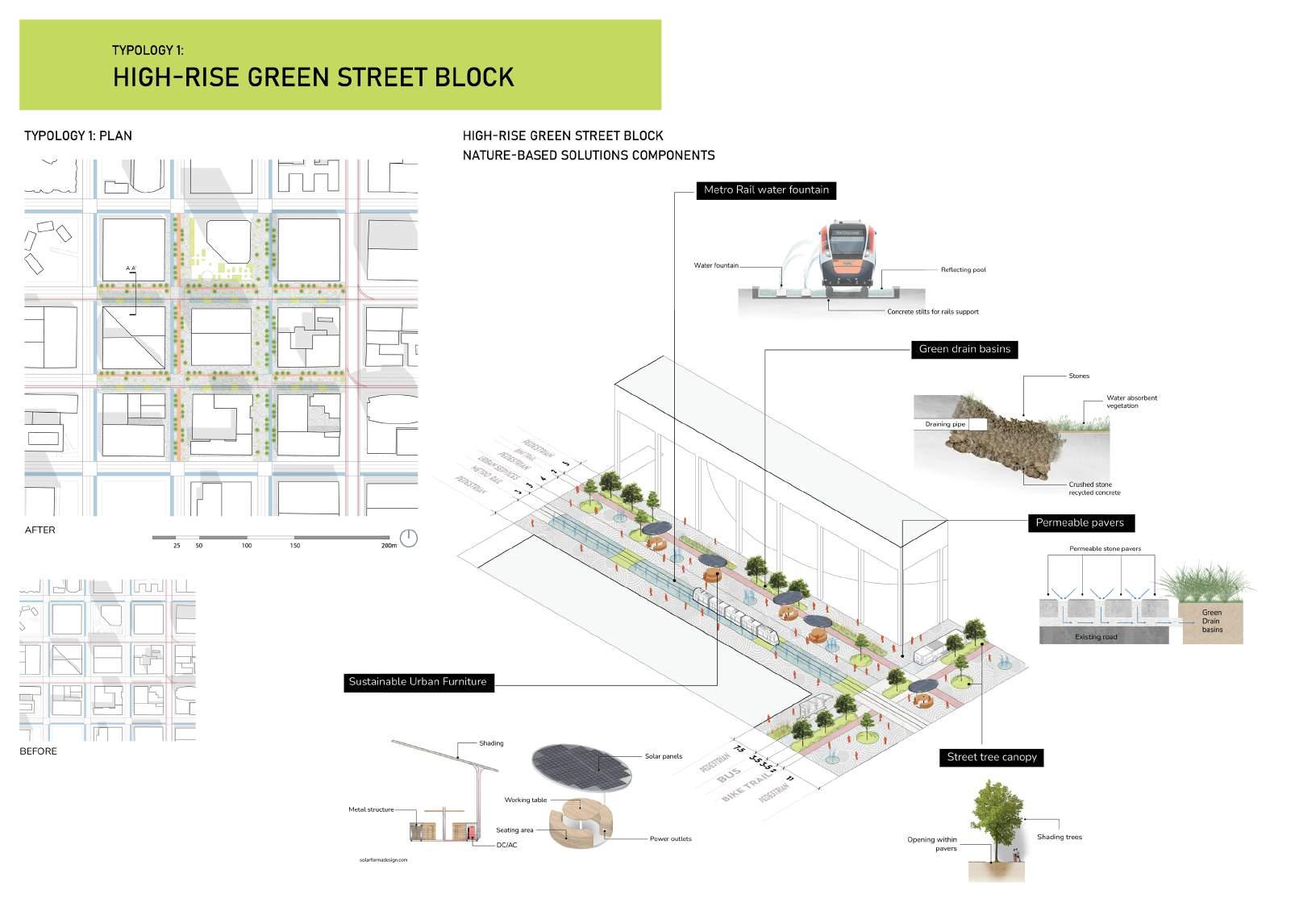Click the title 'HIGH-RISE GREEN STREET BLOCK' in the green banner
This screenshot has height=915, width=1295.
313,77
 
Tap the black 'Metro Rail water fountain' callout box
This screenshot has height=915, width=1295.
766,190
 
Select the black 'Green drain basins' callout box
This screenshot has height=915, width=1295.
964,349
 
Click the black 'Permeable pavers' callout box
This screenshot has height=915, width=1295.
1080,522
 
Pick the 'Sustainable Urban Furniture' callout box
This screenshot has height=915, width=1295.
418,682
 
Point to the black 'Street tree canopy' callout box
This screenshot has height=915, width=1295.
992,757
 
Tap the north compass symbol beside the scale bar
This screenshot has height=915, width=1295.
409,538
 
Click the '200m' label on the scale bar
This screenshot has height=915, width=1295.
389,546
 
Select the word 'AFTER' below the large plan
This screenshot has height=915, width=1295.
40,530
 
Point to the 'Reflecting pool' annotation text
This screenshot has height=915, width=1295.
963,270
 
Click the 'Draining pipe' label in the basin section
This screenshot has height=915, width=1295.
938,424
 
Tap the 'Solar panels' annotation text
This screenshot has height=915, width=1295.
664,756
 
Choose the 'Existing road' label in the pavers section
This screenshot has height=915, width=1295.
1095,637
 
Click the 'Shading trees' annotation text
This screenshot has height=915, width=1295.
1060,837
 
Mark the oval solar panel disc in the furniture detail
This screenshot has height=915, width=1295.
581,765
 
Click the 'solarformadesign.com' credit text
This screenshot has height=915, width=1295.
383,859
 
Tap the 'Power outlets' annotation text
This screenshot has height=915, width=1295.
671,838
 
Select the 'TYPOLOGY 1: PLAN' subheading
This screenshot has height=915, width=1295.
78,135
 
